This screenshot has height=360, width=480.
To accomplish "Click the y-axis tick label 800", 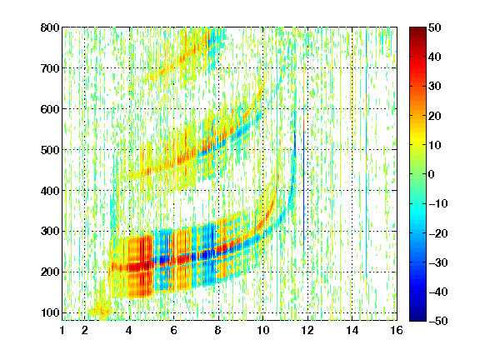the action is coord(50,27).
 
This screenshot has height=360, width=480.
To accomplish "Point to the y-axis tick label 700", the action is coord(50,68).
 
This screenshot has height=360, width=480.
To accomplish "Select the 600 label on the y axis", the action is coord(50,109).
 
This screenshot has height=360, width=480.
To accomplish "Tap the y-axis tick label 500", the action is coord(50,150).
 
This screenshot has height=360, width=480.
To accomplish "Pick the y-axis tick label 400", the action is coord(50,191).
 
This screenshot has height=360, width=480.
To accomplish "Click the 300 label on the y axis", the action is coord(50,231).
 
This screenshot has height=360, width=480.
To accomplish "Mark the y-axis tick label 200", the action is coord(50,272).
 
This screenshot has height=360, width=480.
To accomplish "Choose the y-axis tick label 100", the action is coord(50,312).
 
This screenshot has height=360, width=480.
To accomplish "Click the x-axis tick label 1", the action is coord(62,330).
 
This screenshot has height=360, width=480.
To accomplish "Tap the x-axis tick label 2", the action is coord(85,330).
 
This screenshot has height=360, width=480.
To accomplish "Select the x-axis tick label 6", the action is coord(174,330).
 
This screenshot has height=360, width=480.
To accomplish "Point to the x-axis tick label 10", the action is coord(263,330).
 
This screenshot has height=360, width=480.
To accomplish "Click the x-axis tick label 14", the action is coord(352,330).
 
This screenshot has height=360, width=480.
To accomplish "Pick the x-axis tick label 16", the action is coord(397,330).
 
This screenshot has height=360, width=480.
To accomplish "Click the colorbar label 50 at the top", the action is coord(435,27).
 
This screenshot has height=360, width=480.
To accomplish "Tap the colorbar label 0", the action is coord(432,174).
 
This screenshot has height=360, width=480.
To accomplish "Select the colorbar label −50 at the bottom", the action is coord(438,321).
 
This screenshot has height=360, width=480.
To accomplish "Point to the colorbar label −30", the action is coord(438,262).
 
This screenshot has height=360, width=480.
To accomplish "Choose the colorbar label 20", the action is coord(435,116).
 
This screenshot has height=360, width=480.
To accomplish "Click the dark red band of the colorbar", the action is coord(417,33).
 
